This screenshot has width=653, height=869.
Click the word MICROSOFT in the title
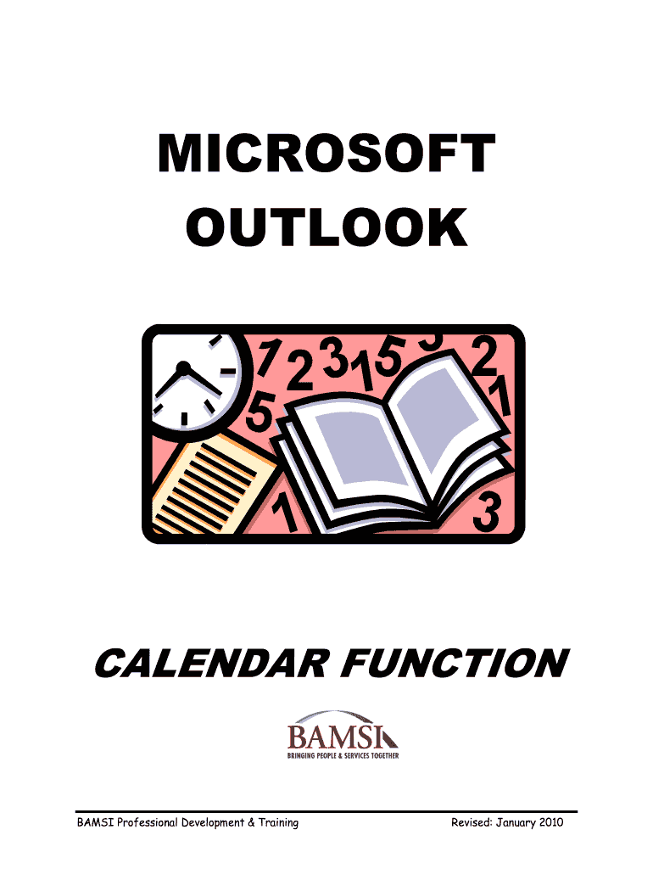click(326, 154)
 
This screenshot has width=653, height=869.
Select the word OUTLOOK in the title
click(326, 227)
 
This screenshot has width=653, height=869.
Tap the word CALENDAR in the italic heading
click(212, 663)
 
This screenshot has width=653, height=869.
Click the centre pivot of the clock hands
click(183, 367)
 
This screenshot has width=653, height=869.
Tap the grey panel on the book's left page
click(360, 448)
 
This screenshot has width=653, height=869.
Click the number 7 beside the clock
click(268, 357)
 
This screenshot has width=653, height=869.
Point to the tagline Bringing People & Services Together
click(343, 755)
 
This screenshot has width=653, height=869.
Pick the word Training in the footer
click(279, 823)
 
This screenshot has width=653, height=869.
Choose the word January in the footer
click(515, 823)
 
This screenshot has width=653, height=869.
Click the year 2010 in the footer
click(550, 822)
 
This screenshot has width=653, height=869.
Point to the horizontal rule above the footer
click(326, 811)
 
